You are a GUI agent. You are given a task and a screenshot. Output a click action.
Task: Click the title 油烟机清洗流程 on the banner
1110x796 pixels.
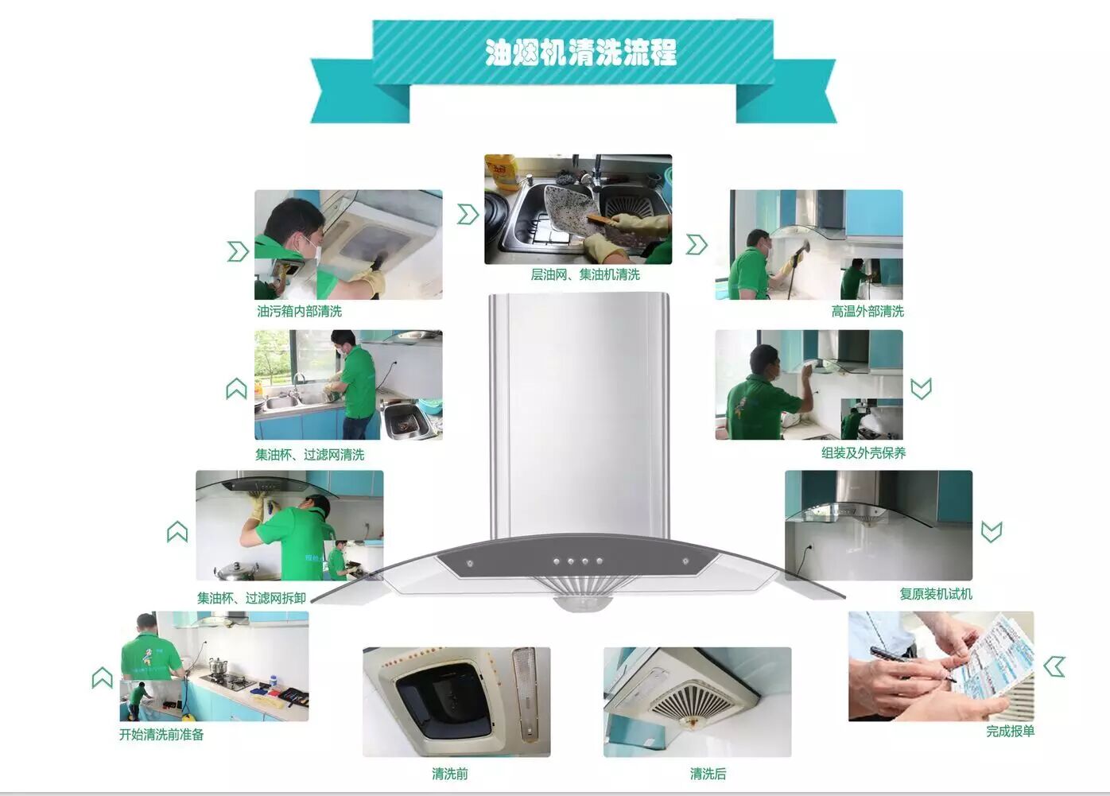click(x=580, y=52)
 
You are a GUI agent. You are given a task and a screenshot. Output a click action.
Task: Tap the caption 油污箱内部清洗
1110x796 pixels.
click(x=299, y=311)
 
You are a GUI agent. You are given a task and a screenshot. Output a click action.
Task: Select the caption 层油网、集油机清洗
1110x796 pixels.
click(x=585, y=274)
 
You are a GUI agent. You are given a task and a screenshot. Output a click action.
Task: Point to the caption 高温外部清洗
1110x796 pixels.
click(x=867, y=311)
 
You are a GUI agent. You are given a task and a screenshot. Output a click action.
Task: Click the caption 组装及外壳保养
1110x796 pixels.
click(x=864, y=452)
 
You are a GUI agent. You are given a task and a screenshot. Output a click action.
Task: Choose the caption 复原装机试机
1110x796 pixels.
click(x=936, y=594)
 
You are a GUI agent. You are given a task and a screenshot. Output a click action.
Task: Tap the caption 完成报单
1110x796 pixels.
click(x=1010, y=731)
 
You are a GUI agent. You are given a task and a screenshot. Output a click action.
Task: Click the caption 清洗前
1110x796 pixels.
click(x=449, y=774)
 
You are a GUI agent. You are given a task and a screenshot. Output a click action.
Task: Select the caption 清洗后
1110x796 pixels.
click(x=708, y=774)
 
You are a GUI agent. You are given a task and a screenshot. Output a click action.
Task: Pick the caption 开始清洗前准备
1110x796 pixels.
click(x=161, y=735)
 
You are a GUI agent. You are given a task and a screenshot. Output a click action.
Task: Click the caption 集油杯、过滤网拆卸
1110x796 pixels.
click(x=252, y=598)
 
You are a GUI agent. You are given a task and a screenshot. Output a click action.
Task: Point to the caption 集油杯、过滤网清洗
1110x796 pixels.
click(x=310, y=455)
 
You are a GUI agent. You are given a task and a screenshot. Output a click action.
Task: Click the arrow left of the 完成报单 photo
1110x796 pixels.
click(x=1054, y=667)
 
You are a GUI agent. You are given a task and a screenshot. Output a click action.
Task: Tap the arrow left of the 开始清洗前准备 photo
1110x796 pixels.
click(x=102, y=678)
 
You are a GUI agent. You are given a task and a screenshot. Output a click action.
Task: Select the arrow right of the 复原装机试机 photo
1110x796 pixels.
click(x=992, y=532)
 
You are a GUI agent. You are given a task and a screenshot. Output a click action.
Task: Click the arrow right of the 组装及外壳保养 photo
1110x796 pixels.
click(x=922, y=389)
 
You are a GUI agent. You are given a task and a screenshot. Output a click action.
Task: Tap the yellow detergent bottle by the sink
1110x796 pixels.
click(x=502, y=173)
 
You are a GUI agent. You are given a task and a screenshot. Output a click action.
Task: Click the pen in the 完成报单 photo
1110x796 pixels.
click(x=912, y=664)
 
